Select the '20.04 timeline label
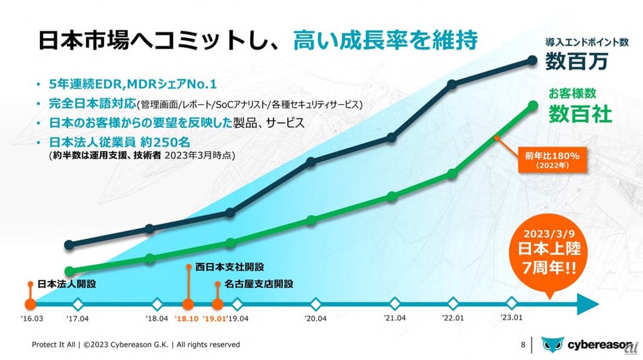pyautogui.click(x=316, y=318)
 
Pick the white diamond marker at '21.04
pyautogui.click(x=395, y=303)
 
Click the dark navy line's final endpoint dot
pyautogui.click(x=532, y=60)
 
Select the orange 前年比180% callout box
pyautogui.click(x=543, y=159)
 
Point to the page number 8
pyautogui.click(x=523, y=345)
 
